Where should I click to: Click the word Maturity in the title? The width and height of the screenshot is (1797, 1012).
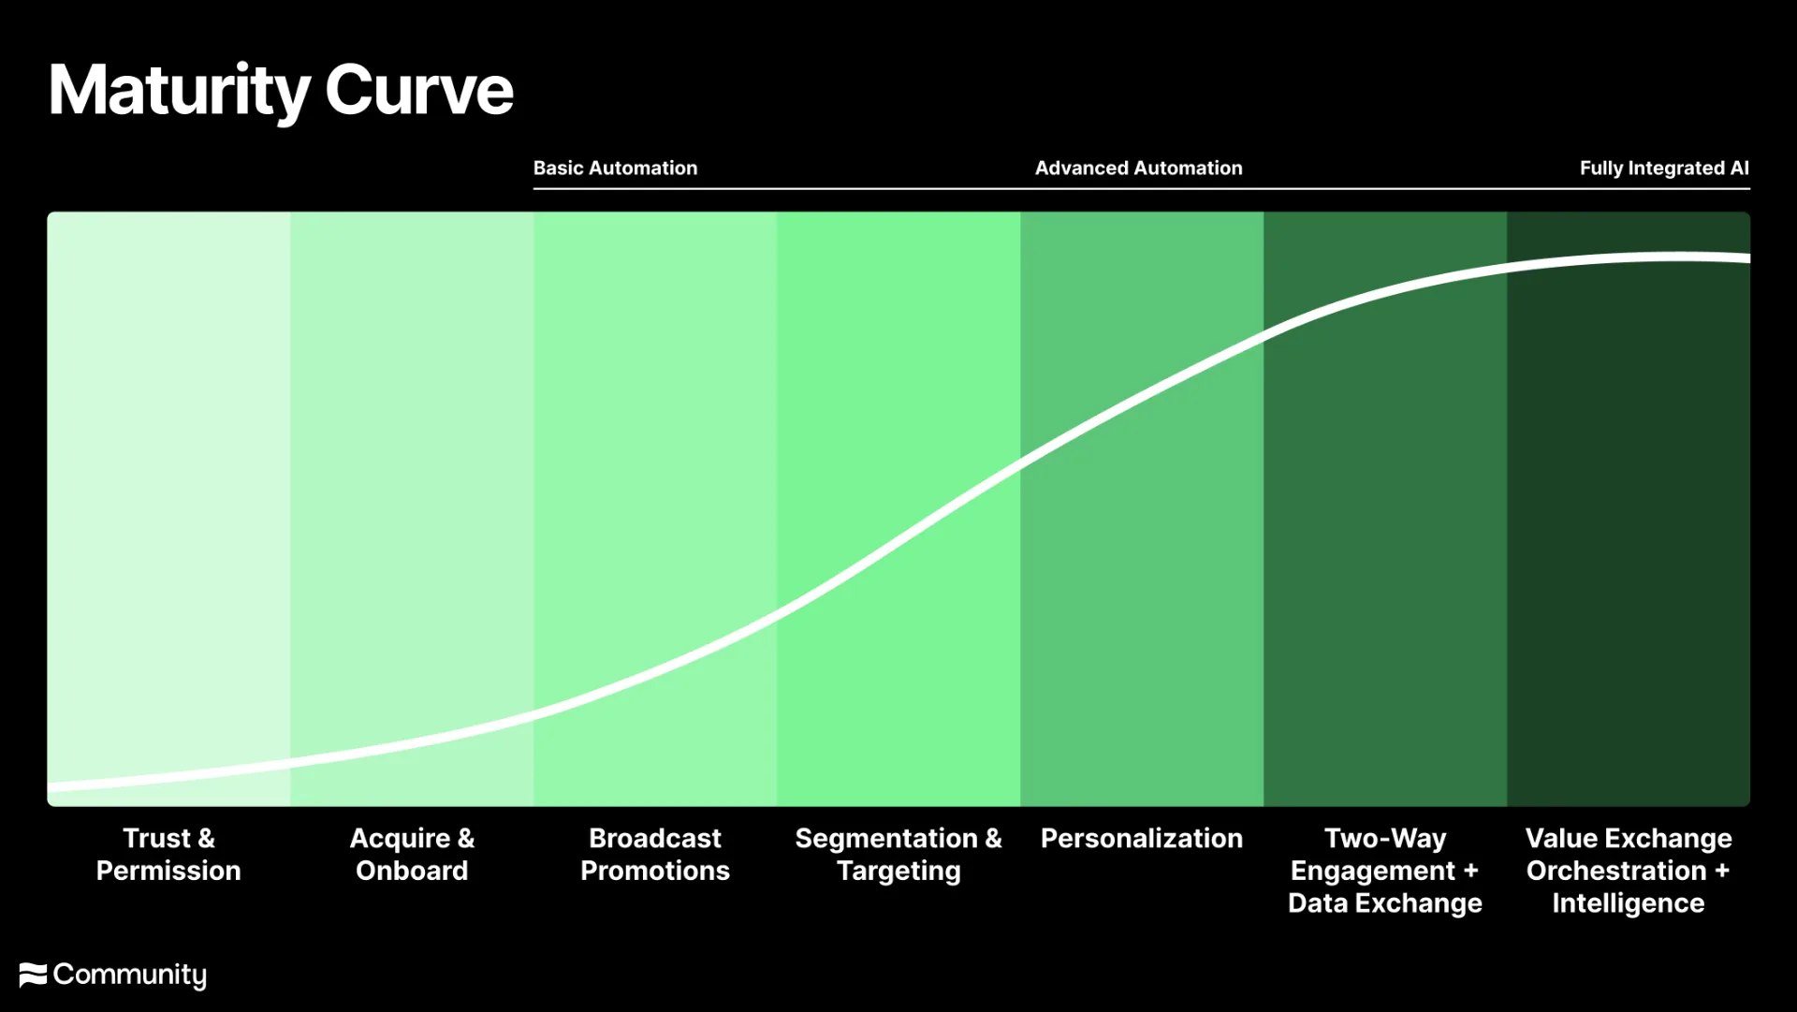(179, 92)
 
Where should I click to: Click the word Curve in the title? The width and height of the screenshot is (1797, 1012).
(419, 91)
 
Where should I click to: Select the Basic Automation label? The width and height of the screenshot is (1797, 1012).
(615, 169)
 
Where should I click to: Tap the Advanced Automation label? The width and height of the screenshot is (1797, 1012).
(1138, 169)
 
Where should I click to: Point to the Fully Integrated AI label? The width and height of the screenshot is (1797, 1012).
(1664, 169)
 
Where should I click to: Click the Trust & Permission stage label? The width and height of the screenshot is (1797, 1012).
(168, 854)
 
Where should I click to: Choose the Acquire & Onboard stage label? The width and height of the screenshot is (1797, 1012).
(412, 854)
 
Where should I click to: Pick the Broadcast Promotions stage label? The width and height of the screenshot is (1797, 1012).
(655, 854)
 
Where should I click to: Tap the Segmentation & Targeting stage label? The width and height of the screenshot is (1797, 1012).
(898, 854)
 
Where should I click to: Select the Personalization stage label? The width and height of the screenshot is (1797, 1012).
(1142, 838)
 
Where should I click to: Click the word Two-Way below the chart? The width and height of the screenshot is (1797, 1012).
(1385, 839)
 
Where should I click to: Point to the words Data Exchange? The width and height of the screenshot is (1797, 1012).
(1385, 902)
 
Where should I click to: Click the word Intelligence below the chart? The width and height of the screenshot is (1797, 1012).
(1629, 903)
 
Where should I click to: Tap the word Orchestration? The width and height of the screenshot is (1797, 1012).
(1616, 871)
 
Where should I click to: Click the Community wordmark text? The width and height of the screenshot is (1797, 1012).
(130, 975)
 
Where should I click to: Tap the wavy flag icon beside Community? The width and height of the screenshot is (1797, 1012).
(33, 975)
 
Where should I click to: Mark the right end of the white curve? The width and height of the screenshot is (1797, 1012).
(1749, 258)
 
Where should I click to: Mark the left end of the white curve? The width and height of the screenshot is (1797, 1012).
(49, 787)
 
